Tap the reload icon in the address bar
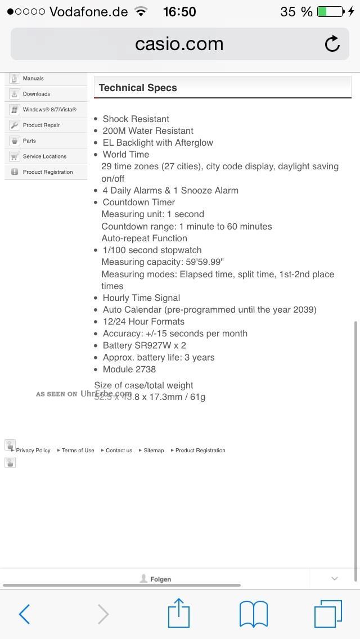[332, 44]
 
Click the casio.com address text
[179, 44]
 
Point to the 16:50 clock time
[179, 11]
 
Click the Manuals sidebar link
[33, 78]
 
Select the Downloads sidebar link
[37, 94]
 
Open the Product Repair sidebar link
[41, 125]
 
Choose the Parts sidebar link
[29, 141]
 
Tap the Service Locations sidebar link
[44, 156]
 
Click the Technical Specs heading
[138, 88]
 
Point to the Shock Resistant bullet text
[136, 119]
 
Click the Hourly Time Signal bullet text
[141, 298]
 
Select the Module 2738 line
[129, 369]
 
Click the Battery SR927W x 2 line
[144, 345]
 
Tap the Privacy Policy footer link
[33, 450]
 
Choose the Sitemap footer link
[154, 450]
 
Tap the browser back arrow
[24, 614]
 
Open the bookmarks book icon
[254, 614]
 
